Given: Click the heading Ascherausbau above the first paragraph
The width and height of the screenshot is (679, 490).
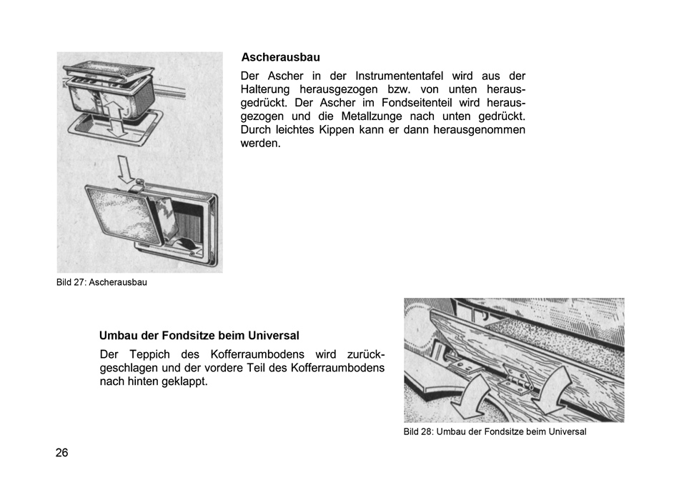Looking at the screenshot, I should tap(280, 57).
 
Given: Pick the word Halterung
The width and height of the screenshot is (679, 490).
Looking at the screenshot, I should tap(265, 89).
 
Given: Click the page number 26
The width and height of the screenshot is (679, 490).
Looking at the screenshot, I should tap(62, 453).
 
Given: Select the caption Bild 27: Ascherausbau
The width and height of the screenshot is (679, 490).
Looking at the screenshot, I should tap(101, 282).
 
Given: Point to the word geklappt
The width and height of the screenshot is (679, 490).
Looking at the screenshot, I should tap(184, 381).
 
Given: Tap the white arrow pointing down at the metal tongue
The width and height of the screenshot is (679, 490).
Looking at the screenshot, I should tap(127, 170).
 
